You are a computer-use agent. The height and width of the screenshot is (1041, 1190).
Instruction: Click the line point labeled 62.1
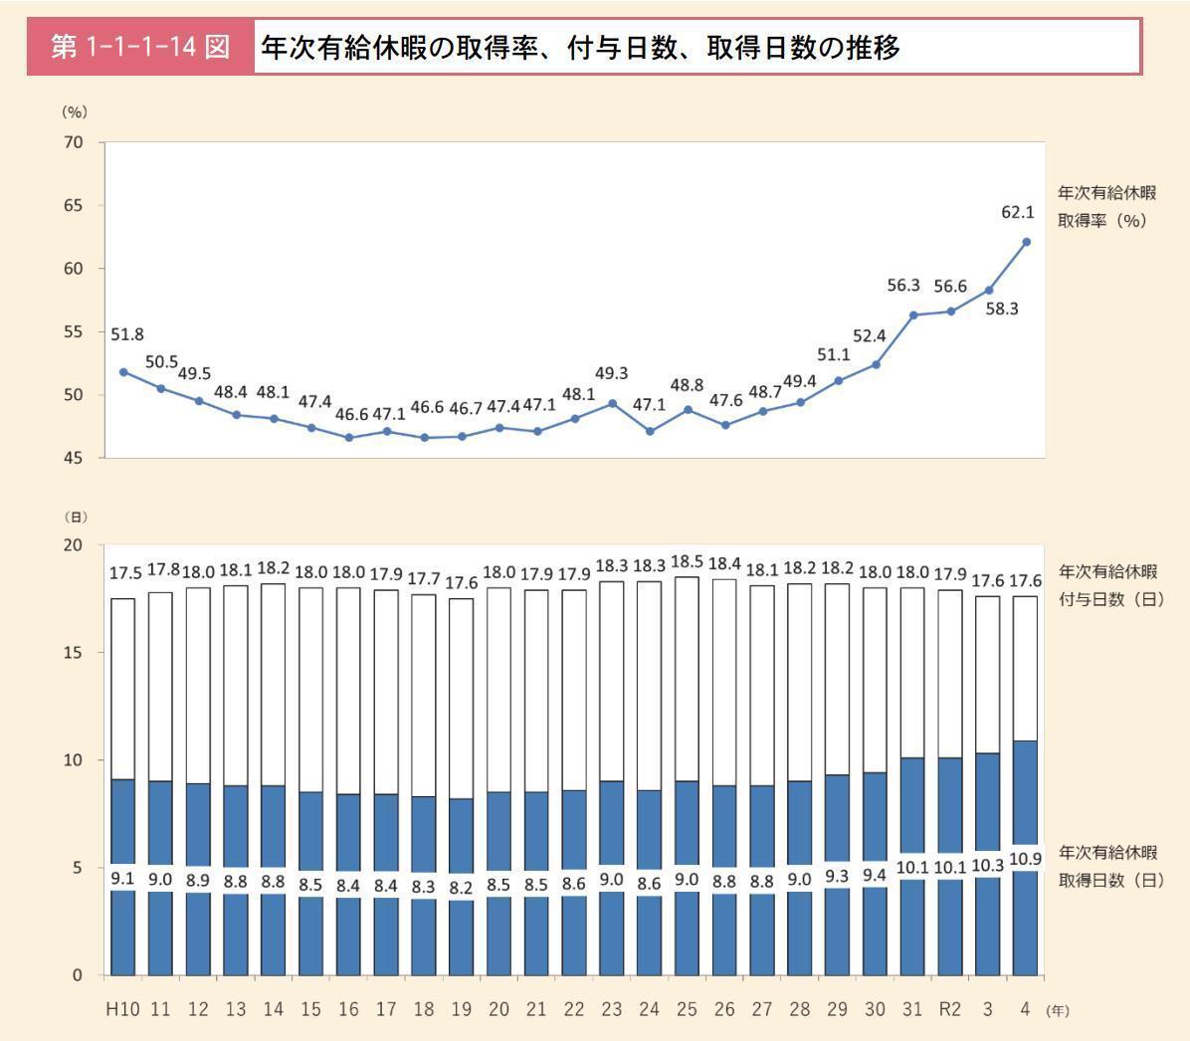point(1026,242)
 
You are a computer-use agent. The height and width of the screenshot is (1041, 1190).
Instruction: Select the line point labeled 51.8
point(123,372)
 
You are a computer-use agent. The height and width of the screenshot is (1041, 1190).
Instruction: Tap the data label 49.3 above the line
point(611,374)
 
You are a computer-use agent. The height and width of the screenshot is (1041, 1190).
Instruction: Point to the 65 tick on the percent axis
point(74,205)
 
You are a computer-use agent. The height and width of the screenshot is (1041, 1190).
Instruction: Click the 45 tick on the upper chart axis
point(74,458)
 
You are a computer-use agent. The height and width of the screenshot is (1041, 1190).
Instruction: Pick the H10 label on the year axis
point(123,1009)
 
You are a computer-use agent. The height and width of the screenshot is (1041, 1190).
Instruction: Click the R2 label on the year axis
point(950,1009)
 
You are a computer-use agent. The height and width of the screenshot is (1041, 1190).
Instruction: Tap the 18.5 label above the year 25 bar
point(687,562)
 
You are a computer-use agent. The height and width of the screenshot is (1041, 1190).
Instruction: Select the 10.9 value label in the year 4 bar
point(1025,859)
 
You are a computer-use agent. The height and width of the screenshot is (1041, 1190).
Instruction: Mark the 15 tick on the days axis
point(74,653)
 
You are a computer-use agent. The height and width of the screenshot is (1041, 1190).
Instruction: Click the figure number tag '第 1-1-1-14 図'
point(140,47)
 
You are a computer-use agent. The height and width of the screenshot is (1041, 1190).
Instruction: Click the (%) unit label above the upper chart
point(75,112)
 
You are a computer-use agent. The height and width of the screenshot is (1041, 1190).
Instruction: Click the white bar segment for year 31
point(912,673)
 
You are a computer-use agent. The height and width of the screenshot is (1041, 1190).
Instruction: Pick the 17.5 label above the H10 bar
point(123,574)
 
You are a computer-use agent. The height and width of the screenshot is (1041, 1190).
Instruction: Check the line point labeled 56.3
point(912,314)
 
